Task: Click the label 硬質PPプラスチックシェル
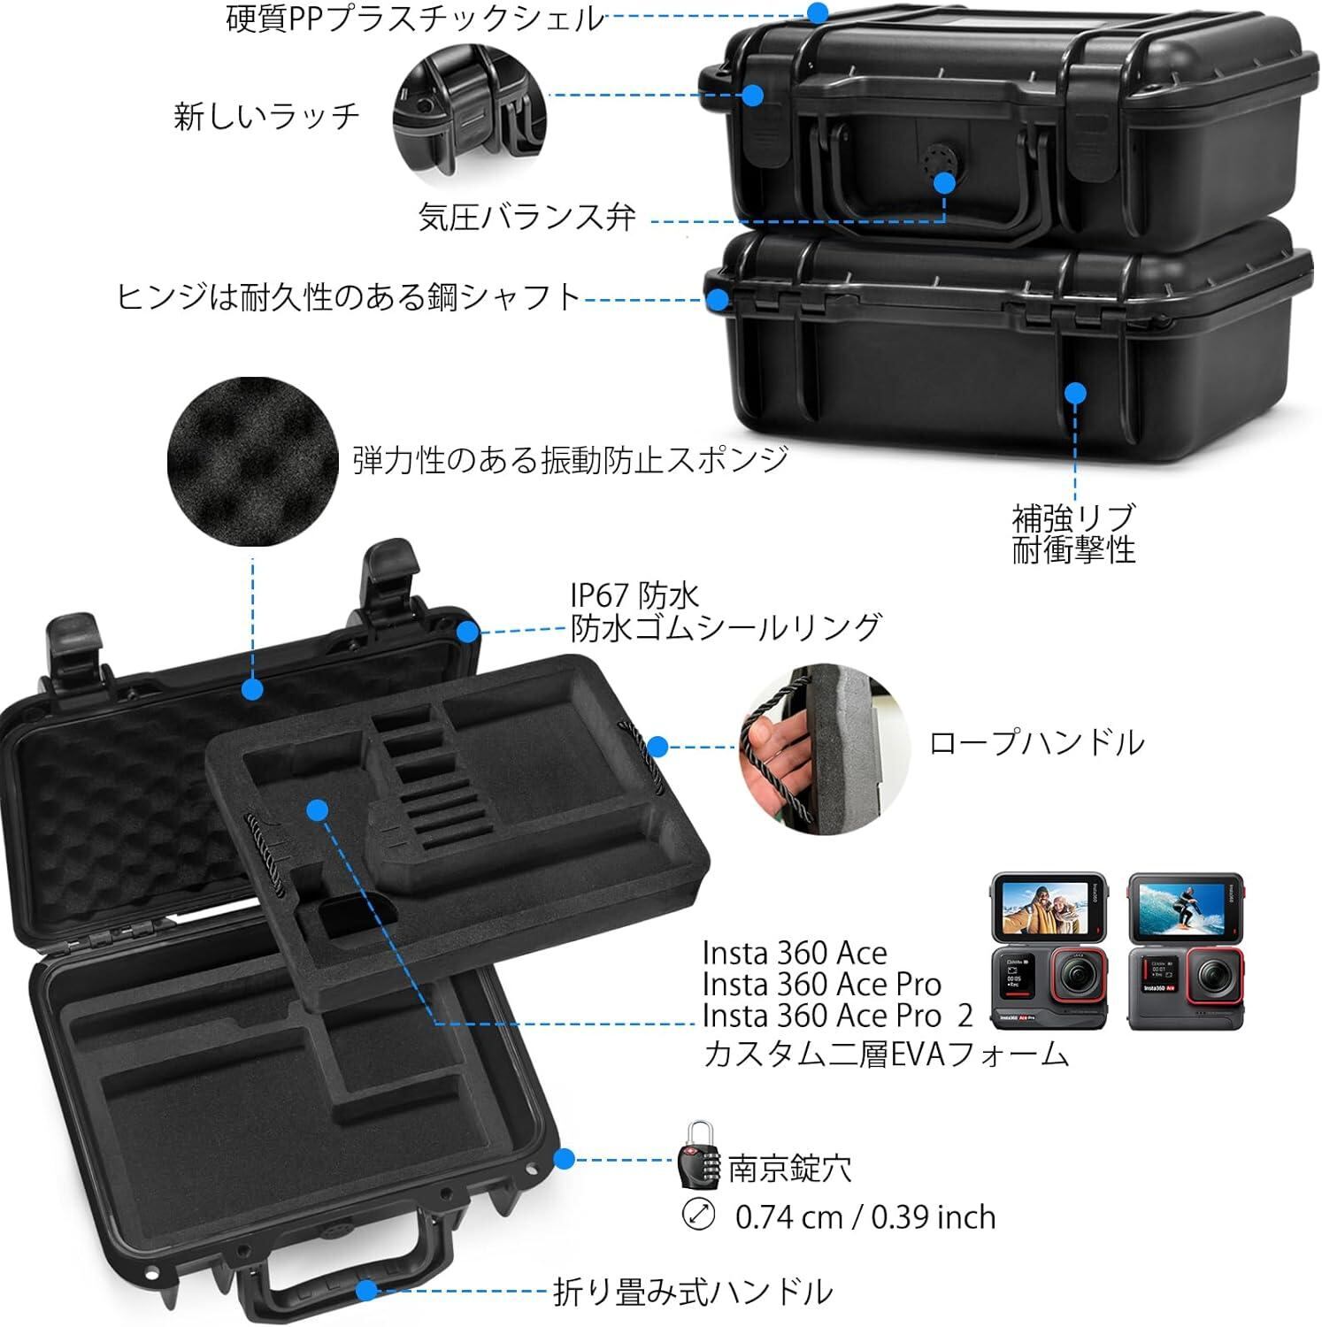coord(414,18)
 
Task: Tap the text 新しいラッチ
coord(266,116)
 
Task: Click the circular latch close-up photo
coord(470,119)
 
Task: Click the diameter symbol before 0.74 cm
coord(699,1215)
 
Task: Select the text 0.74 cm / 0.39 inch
coord(865,1217)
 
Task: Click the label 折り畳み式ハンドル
coord(692,1291)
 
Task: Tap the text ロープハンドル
coord(1035,742)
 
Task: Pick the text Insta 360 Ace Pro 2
coord(837,1016)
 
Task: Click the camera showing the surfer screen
coord(1186,951)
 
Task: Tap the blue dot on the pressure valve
coord(945,183)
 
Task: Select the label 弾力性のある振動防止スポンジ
coord(570,460)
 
